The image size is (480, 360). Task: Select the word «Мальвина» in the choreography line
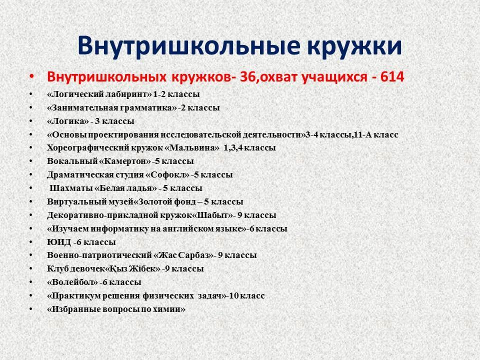tap(192, 148)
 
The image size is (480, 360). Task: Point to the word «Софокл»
tap(167, 175)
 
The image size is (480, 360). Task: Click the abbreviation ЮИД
tap(59, 242)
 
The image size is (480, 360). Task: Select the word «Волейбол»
tap(72, 282)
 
